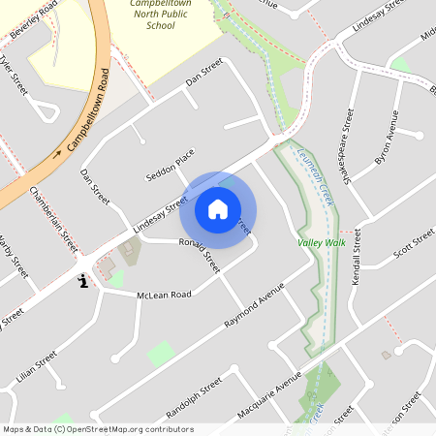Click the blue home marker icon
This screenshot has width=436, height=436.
pyautogui.click(x=218, y=209)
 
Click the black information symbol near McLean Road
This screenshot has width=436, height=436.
pyautogui.click(x=82, y=281)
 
